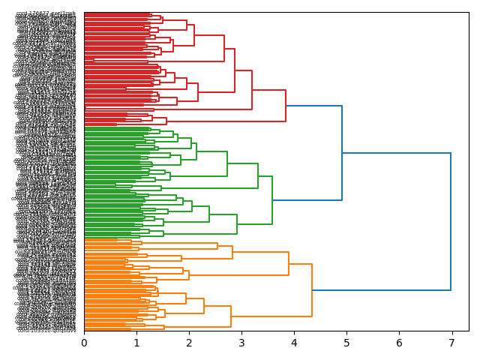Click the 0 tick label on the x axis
84,343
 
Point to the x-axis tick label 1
136,343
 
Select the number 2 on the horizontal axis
189,343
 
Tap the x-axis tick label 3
241,343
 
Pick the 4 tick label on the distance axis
294,343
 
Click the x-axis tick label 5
346,343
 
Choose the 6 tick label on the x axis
399,343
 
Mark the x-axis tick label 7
451,343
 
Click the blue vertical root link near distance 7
451,221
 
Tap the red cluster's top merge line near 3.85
286,106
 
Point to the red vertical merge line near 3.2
252,90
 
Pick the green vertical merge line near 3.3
258,175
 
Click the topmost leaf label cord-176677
46,13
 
